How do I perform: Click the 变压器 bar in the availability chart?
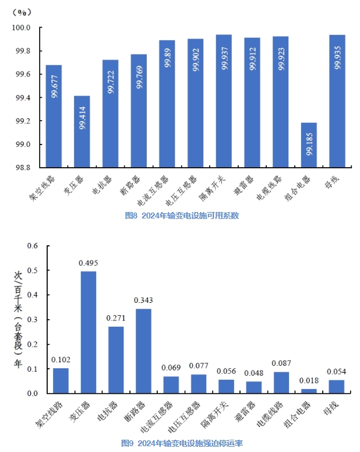point(82,132)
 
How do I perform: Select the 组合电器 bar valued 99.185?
point(309,145)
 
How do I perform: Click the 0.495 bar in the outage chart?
point(89,332)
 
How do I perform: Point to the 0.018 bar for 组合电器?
point(309,391)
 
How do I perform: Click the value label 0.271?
point(115,319)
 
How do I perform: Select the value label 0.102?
point(61,359)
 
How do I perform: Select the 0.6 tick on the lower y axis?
point(33,246)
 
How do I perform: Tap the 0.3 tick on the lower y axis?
point(33,320)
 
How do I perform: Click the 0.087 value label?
point(281,363)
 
